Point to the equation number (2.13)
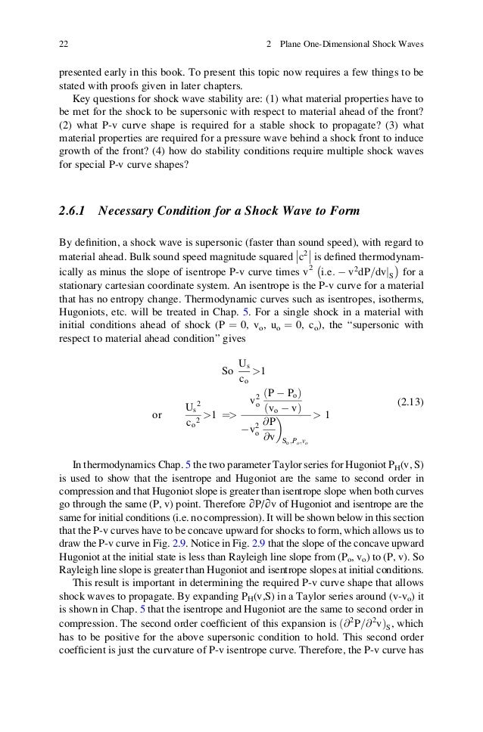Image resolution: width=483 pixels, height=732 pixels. [409, 403]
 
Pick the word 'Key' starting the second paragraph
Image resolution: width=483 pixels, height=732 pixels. [81, 99]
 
